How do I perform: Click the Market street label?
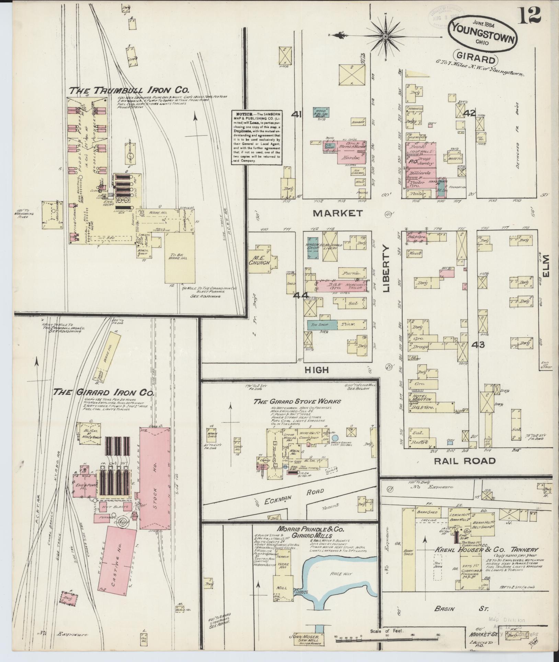[338, 213]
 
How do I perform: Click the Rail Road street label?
[465, 461]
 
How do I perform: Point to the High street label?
[316, 370]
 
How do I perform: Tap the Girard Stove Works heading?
[297, 401]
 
